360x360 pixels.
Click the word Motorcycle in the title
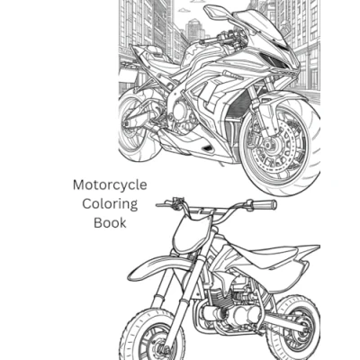(110, 185)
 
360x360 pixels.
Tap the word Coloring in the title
(110, 205)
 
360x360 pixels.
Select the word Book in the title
(110, 223)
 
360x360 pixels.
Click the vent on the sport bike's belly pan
(207, 148)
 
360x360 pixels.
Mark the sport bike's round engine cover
(180, 111)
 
